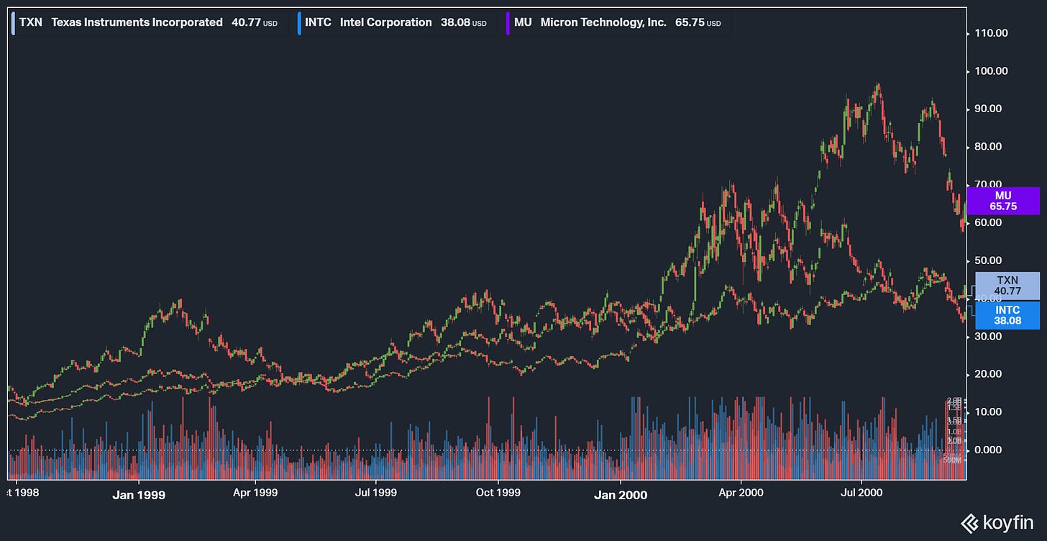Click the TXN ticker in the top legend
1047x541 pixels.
pyautogui.click(x=31, y=22)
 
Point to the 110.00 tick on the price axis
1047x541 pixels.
pyautogui.click(x=992, y=33)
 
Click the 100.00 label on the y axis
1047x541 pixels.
pyautogui.click(x=992, y=71)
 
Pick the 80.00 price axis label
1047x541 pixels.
pyautogui.click(x=992, y=147)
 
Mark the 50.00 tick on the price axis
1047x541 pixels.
pyautogui.click(x=992, y=260)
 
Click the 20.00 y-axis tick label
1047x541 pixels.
pyautogui.click(x=992, y=374)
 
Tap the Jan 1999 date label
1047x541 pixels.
pyautogui.click(x=140, y=495)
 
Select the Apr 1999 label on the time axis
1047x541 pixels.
pyautogui.click(x=257, y=494)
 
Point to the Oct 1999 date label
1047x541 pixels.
pyautogui.click(x=498, y=494)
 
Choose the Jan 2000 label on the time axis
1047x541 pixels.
pyautogui.click(x=621, y=495)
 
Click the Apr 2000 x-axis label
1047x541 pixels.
pyautogui.click(x=741, y=494)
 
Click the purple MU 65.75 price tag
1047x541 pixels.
pyautogui.click(x=1003, y=201)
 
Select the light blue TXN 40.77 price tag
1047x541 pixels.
pyautogui.click(x=1007, y=286)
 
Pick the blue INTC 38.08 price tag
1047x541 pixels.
pyautogui.click(x=1007, y=315)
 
